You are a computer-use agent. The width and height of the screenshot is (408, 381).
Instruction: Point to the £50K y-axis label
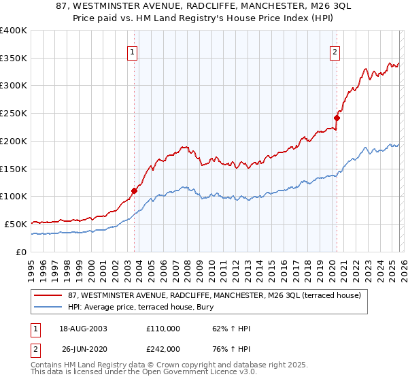[16, 224]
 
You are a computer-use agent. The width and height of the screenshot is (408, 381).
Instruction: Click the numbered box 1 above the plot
[132, 52]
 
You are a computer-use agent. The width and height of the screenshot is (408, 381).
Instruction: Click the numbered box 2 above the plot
[335, 52]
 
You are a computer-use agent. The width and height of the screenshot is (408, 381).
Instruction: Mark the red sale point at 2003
[134, 191]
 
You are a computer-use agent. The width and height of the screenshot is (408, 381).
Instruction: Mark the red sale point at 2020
[337, 118]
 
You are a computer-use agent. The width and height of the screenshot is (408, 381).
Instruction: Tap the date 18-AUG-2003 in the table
[83, 329]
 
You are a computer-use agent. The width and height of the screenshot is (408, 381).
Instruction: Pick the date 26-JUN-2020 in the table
[83, 348]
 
